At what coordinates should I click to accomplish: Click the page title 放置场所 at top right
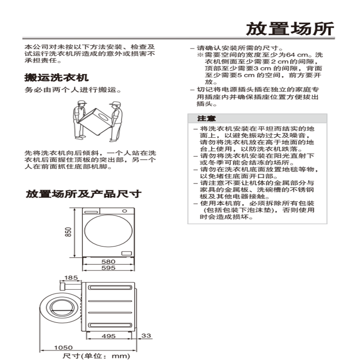click(290, 28)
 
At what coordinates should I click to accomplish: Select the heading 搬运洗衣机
click(56, 77)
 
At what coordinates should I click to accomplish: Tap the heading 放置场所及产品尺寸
click(83, 194)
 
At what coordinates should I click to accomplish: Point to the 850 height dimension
click(68, 232)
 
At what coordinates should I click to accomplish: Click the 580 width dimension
click(108, 261)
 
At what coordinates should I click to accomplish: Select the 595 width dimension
click(108, 268)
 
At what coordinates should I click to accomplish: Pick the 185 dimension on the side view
click(71, 278)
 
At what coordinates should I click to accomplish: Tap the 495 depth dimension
click(108, 336)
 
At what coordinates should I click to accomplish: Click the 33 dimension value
click(146, 336)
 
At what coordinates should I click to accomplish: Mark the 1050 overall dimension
click(63, 347)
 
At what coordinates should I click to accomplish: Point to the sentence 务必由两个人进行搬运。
click(72, 90)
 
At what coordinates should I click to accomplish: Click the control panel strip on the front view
click(108, 211)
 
